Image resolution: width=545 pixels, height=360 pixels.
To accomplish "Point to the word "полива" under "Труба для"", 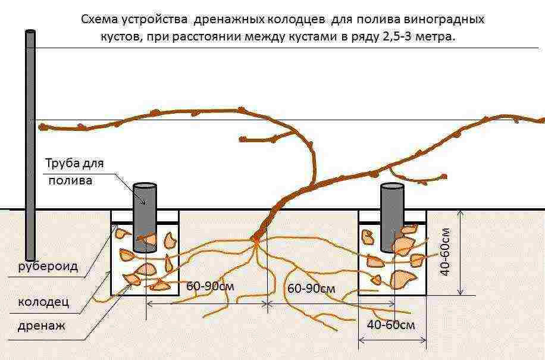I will (71, 180).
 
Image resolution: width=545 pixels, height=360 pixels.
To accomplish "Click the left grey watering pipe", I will (145, 217).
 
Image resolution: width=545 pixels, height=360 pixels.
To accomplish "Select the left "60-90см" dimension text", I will (211, 286).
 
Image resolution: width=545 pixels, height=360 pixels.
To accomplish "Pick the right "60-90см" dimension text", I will (311, 289).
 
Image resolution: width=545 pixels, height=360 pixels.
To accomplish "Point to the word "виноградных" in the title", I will (450, 19).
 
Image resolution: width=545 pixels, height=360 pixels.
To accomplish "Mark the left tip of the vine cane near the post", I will (42, 126).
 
